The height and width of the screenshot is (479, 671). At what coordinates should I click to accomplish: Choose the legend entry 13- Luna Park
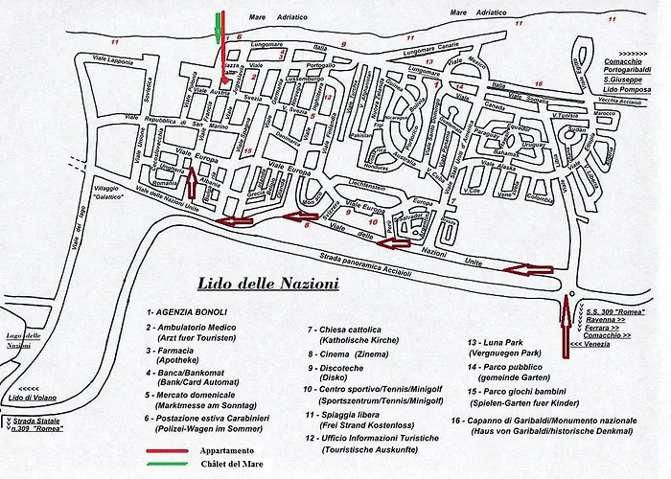click(503, 341)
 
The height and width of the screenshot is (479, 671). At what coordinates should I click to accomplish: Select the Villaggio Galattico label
click(100, 195)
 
